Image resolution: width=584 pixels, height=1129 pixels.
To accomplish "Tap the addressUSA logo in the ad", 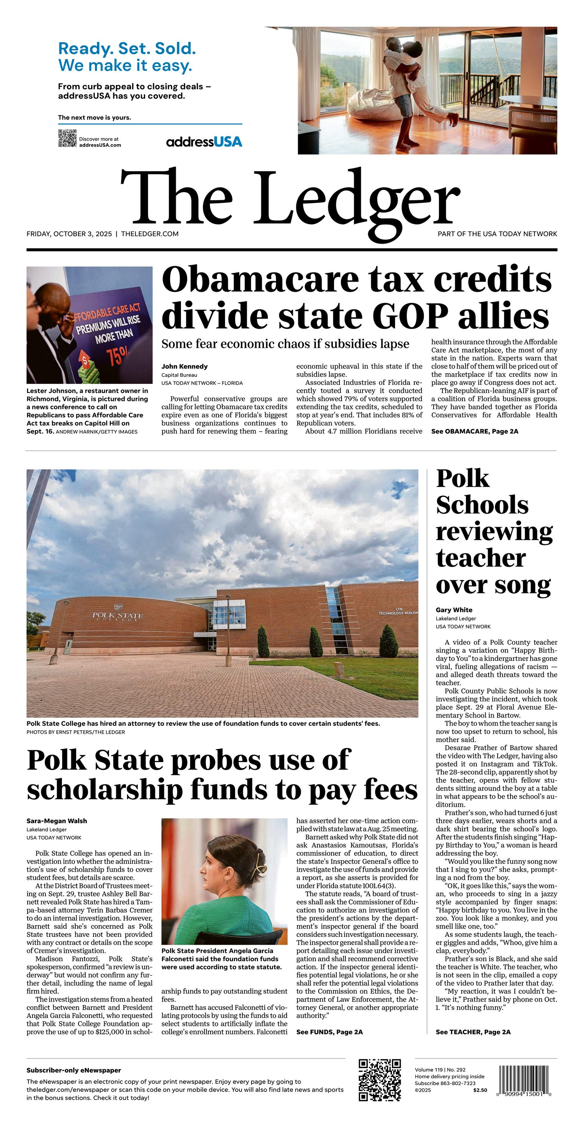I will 204,142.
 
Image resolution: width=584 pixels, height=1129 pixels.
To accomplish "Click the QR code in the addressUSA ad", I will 67,138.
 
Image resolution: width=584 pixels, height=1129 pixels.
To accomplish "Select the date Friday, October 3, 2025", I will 69,234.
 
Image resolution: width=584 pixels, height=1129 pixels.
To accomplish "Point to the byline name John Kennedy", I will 184,366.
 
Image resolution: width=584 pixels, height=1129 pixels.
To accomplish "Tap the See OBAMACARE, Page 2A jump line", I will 475,431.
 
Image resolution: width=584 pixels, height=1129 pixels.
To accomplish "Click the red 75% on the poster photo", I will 118,355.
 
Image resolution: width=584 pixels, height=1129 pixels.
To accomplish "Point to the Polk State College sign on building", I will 117,616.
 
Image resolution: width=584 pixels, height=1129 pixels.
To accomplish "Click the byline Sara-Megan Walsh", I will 56,821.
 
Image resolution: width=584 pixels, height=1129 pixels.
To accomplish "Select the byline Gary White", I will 454,610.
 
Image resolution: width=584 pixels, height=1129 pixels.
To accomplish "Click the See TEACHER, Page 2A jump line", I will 473,1032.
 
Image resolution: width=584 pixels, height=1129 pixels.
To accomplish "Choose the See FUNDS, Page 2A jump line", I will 329,1032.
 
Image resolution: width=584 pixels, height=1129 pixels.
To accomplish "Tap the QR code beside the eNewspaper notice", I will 380,1080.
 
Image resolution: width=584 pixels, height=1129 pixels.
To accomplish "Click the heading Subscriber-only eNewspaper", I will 73,1070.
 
